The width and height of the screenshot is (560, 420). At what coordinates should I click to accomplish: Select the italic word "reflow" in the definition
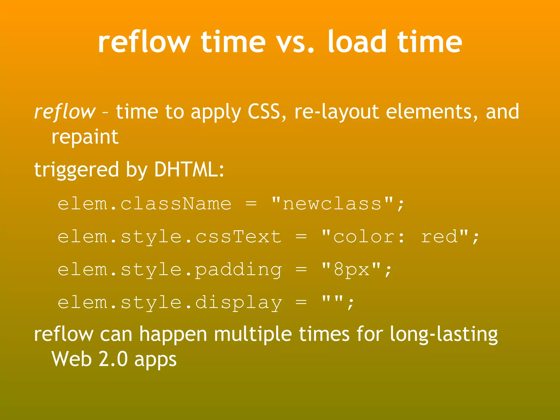coord(65,112)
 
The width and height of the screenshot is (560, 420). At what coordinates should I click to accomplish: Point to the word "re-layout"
coord(337,112)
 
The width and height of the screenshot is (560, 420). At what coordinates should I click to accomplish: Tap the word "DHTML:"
coord(189,170)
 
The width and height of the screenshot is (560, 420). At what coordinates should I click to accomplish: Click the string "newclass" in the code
coord(332,204)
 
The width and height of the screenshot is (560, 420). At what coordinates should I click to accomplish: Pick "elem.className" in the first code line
coord(144,204)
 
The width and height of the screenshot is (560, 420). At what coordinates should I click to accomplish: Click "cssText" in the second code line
coord(238,237)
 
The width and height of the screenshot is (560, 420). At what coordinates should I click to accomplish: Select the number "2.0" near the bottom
coord(113,359)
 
